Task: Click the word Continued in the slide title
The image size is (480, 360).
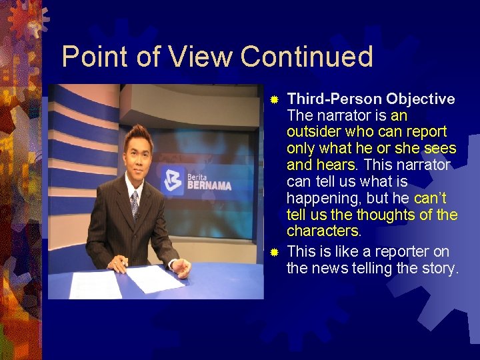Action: tap(306, 57)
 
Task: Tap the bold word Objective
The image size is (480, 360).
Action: tap(421, 99)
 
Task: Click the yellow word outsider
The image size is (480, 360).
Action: tap(313, 132)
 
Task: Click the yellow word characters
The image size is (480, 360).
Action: tap(323, 231)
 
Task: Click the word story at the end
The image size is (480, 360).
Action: tap(441, 269)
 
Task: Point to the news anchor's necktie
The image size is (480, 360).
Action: tap(135, 204)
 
